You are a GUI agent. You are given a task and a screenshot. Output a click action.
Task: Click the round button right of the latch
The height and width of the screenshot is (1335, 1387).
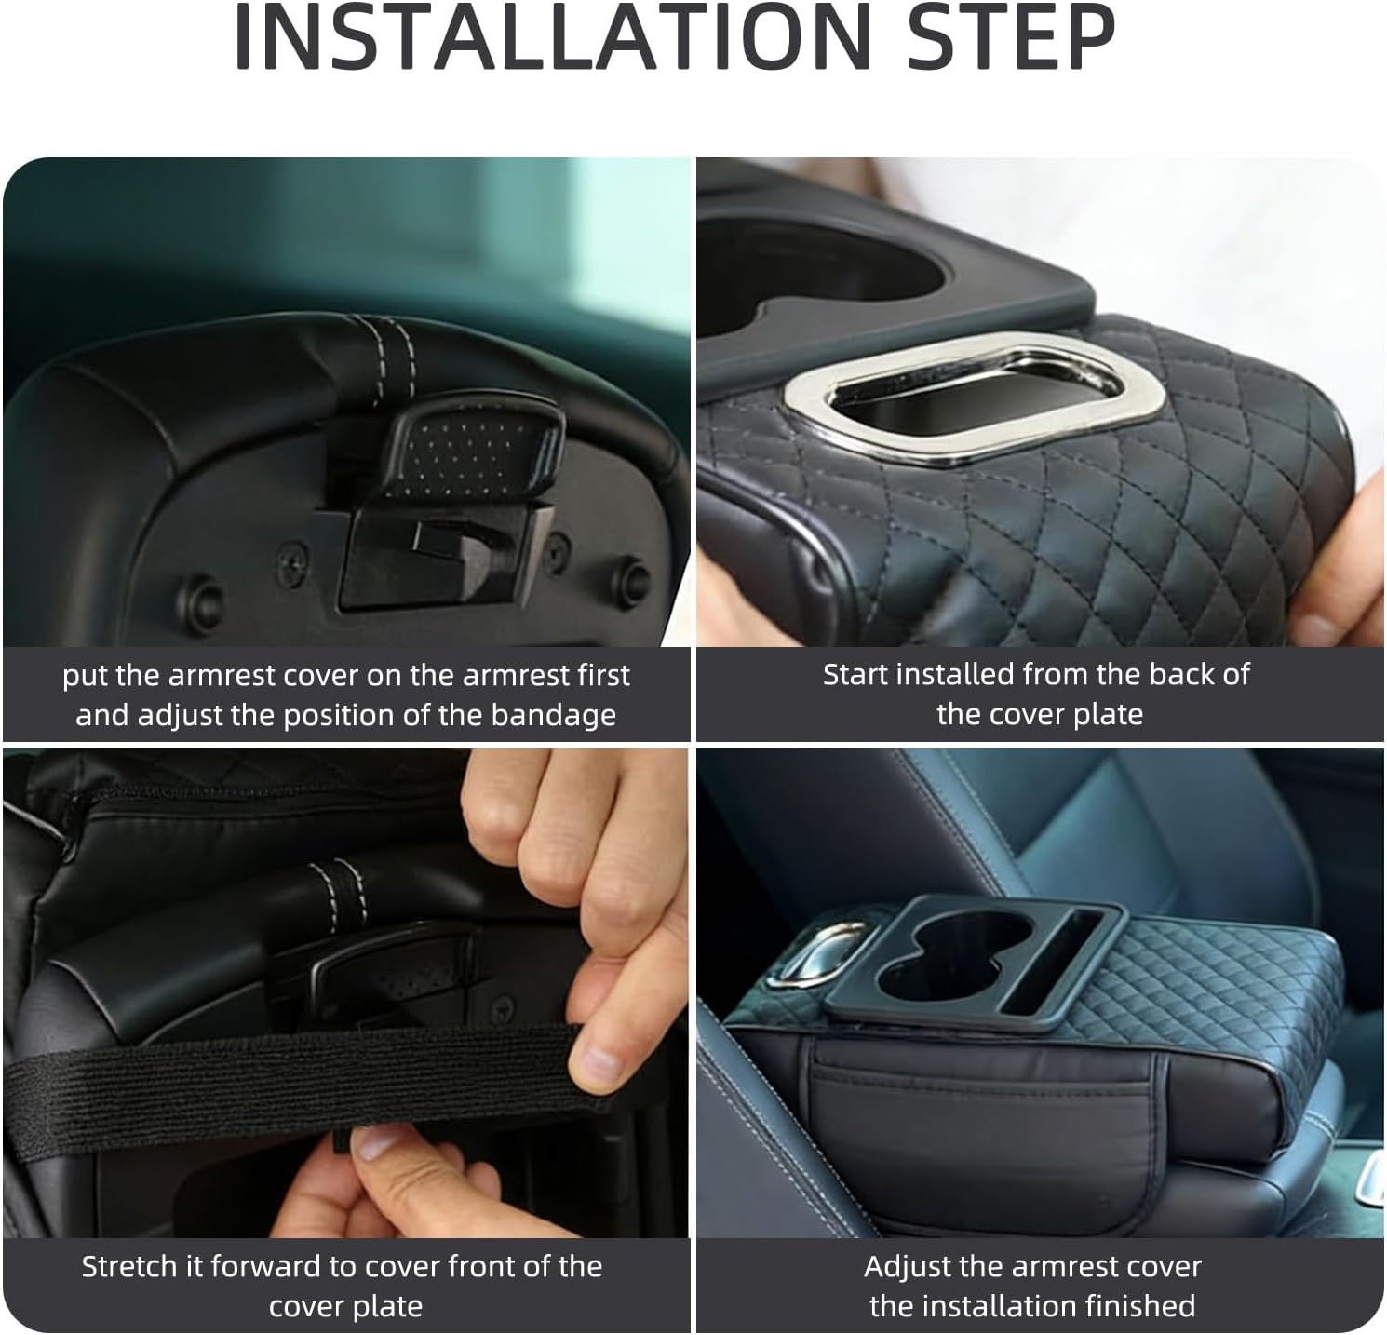[x=630, y=573]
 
